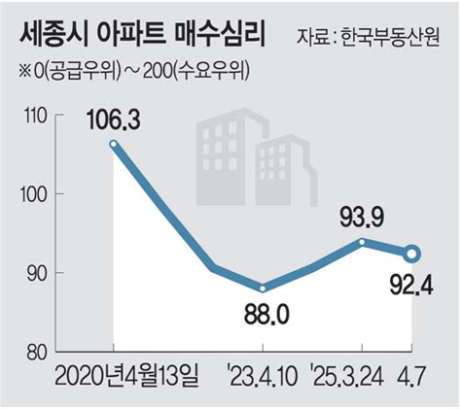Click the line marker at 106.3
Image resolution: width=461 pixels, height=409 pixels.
(114, 145)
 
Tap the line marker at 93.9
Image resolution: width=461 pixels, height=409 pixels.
(362, 241)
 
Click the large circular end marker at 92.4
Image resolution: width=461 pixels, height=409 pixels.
(412, 255)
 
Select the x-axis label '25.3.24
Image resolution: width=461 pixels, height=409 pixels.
(348, 376)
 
